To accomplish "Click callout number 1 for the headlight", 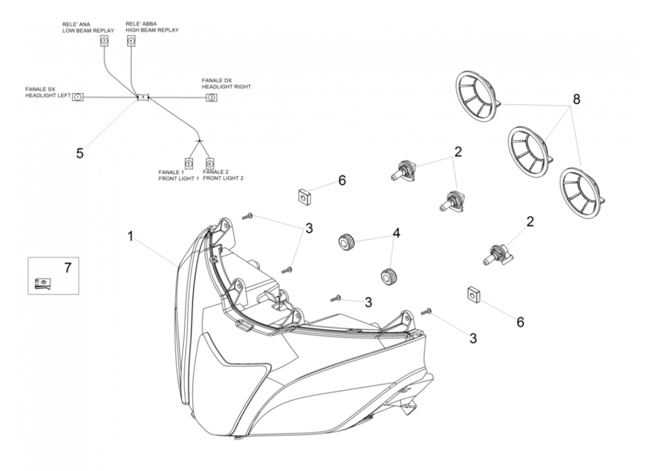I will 131,237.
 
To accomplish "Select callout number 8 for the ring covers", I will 577,99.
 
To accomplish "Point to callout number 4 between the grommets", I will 396,233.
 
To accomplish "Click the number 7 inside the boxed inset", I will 67,268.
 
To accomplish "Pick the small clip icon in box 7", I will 40,284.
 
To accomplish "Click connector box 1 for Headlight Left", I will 78,96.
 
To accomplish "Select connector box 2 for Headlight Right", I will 210,97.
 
